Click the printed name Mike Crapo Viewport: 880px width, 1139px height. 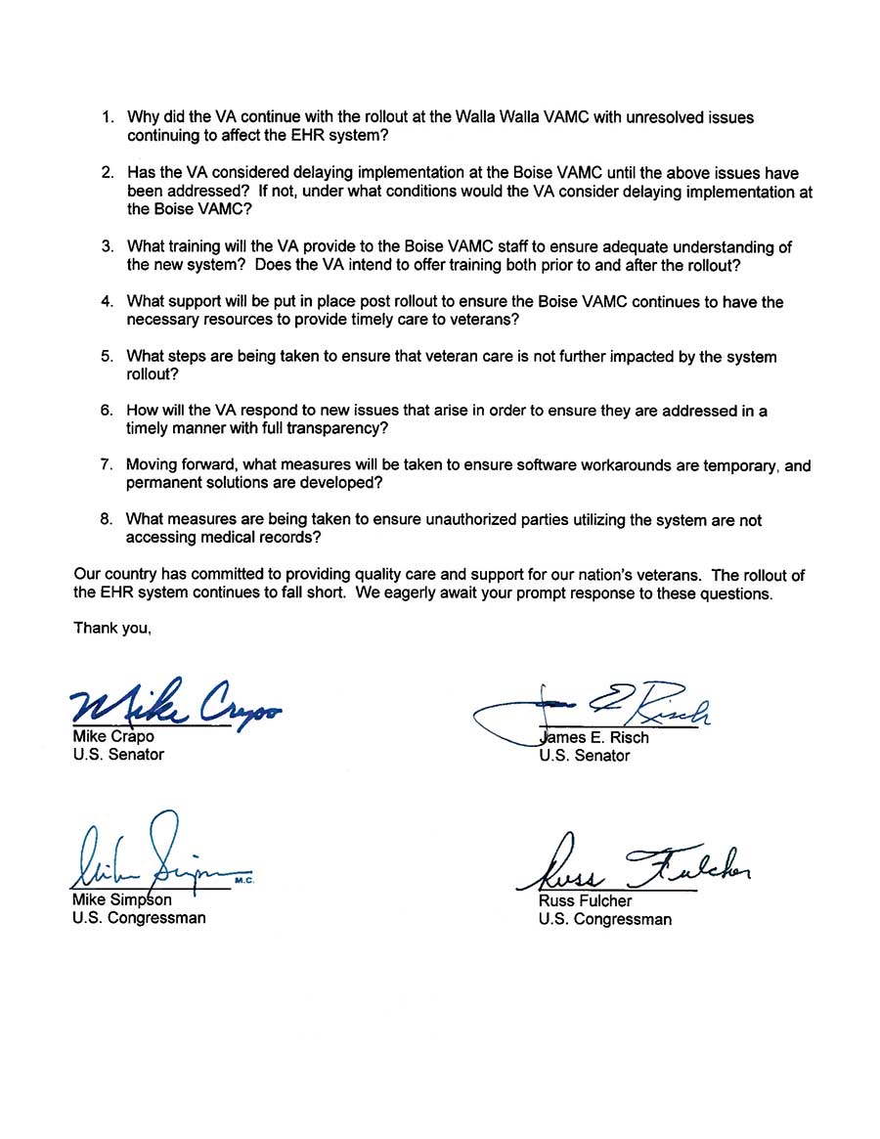coord(113,736)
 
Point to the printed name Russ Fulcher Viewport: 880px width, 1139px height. coord(585,900)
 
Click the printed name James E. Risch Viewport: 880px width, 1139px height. coord(594,737)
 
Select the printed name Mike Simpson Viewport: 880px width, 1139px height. coord(121,899)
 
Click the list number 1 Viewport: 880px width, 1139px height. coord(108,117)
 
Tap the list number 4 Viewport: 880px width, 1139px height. coord(108,302)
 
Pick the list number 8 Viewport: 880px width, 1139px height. coord(108,520)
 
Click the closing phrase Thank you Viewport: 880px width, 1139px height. coord(112,629)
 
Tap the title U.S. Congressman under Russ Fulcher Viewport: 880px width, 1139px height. coord(604,919)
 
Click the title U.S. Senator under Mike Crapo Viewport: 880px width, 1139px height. coord(118,755)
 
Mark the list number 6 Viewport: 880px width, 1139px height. coord(108,411)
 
